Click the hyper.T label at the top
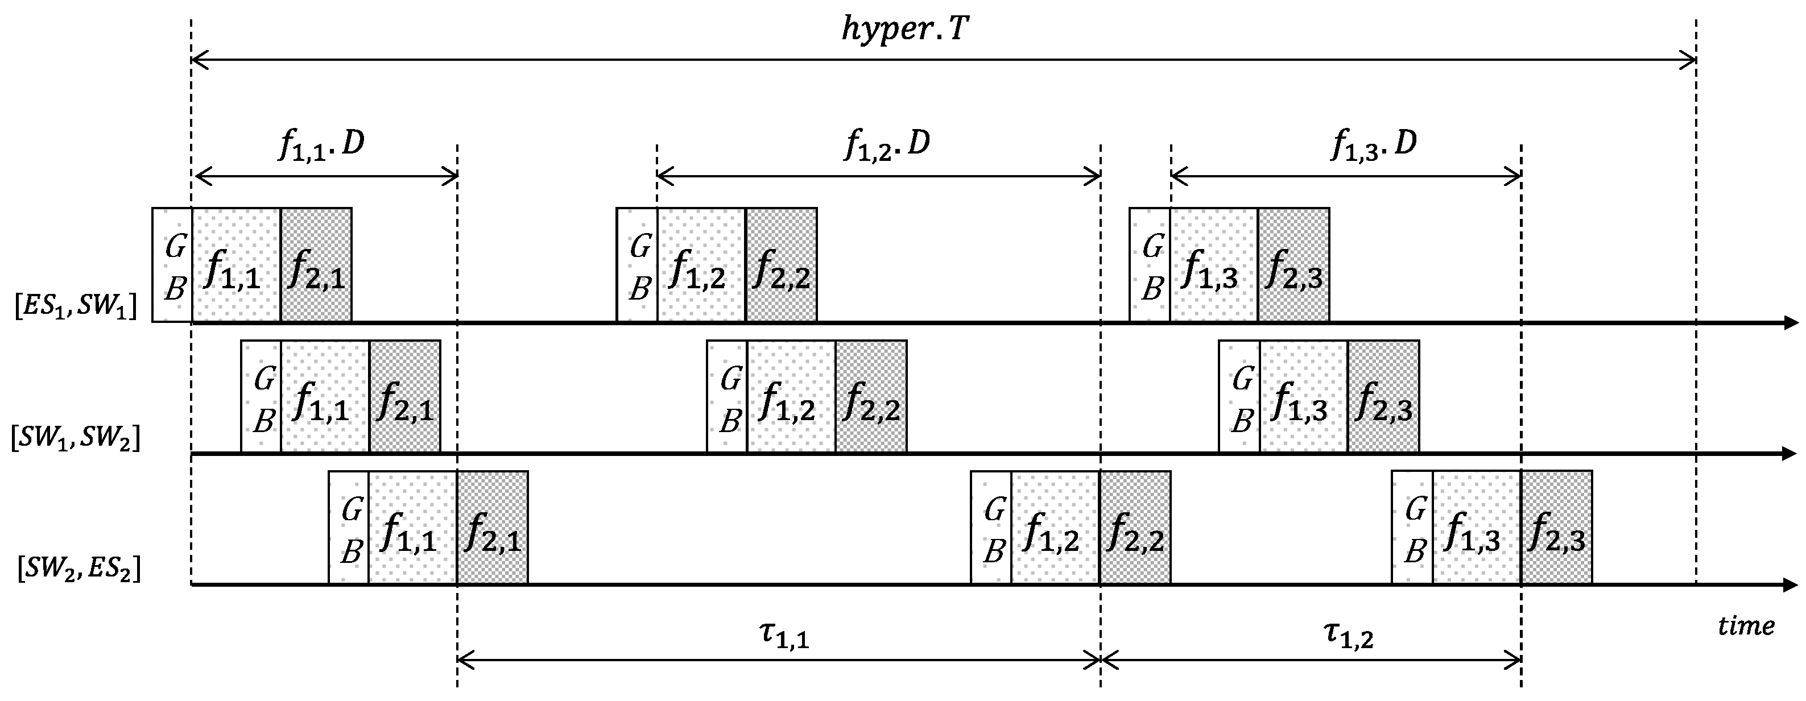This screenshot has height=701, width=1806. (x=904, y=31)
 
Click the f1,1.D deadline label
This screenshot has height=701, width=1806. (x=321, y=145)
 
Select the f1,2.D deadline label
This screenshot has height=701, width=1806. (x=887, y=145)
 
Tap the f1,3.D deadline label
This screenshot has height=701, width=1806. (x=1373, y=145)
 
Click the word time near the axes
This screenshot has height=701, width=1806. (x=1746, y=625)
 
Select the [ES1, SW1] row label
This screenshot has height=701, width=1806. (x=75, y=306)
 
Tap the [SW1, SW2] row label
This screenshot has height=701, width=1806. (x=75, y=439)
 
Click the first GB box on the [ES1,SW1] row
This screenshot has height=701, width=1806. (x=172, y=265)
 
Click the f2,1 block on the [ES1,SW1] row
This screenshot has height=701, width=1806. (x=316, y=265)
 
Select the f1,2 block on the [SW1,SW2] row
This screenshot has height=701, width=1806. (x=791, y=397)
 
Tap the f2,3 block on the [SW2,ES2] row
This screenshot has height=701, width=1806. (x=1556, y=527)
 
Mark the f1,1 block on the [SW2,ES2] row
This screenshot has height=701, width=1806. (x=412, y=527)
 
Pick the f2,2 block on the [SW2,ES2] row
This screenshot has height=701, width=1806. (x=1134, y=527)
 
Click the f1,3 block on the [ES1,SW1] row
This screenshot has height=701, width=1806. (x=1214, y=265)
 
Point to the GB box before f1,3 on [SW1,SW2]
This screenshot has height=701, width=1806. (x=1239, y=397)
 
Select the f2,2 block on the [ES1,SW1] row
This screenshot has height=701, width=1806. (x=781, y=265)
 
